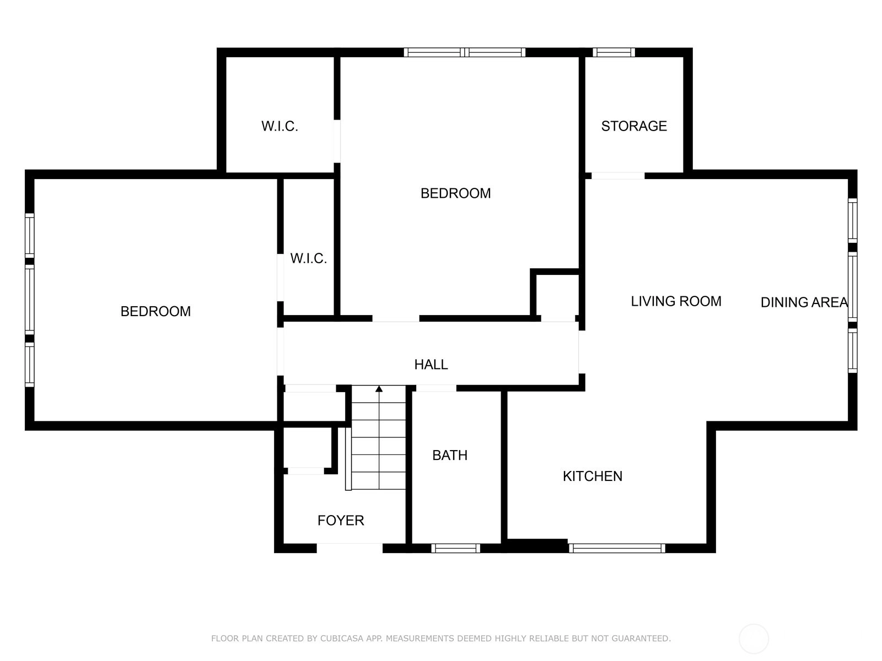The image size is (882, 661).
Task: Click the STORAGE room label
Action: (x=634, y=126)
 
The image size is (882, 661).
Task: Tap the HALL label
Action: (x=431, y=365)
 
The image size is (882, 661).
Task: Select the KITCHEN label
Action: (x=592, y=476)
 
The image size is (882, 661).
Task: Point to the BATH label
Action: (x=450, y=455)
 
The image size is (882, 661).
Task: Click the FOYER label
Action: (x=341, y=521)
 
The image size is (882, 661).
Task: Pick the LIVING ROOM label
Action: (x=676, y=301)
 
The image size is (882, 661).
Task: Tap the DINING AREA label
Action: (x=804, y=302)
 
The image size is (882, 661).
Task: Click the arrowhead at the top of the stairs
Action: (x=379, y=388)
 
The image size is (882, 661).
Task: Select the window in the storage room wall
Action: (x=614, y=52)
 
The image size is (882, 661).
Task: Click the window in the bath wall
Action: (x=456, y=548)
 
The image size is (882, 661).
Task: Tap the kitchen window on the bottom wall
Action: (x=617, y=548)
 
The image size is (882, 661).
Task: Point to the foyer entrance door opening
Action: (x=349, y=548)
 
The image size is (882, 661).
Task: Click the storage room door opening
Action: (x=618, y=176)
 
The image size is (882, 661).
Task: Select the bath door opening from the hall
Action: (x=436, y=388)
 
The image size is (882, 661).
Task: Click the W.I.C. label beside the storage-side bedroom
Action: (x=279, y=127)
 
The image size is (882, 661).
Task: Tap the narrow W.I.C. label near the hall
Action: (x=309, y=258)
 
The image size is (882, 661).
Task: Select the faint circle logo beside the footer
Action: (x=754, y=639)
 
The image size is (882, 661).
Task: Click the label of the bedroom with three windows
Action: (x=155, y=311)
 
